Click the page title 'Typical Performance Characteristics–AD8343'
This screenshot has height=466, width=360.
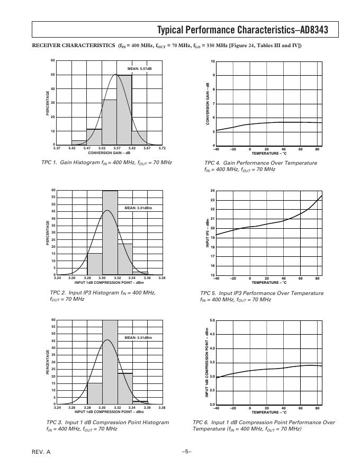tap(242, 30)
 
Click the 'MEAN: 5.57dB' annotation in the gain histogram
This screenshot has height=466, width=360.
tap(139, 69)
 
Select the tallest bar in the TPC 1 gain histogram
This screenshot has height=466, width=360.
tap(124, 110)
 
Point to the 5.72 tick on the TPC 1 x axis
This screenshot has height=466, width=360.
tap(162, 148)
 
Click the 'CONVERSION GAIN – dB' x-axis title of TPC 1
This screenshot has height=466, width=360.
tap(109, 153)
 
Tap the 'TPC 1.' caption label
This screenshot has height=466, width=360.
tap(51, 163)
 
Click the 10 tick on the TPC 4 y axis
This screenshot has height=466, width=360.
tap(213, 62)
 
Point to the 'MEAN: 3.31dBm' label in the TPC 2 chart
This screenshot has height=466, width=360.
tap(138, 208)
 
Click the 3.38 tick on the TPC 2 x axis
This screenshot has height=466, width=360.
tap(162, 278)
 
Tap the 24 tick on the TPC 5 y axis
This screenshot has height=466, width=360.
tap(213, 191)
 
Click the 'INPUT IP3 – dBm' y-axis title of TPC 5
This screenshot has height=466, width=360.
tap(208, 233)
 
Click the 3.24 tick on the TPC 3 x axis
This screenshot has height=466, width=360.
tap(57, 408)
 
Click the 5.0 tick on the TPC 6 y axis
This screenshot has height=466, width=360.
tap(212, 320)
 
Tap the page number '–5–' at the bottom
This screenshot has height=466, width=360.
tap(186, 451)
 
